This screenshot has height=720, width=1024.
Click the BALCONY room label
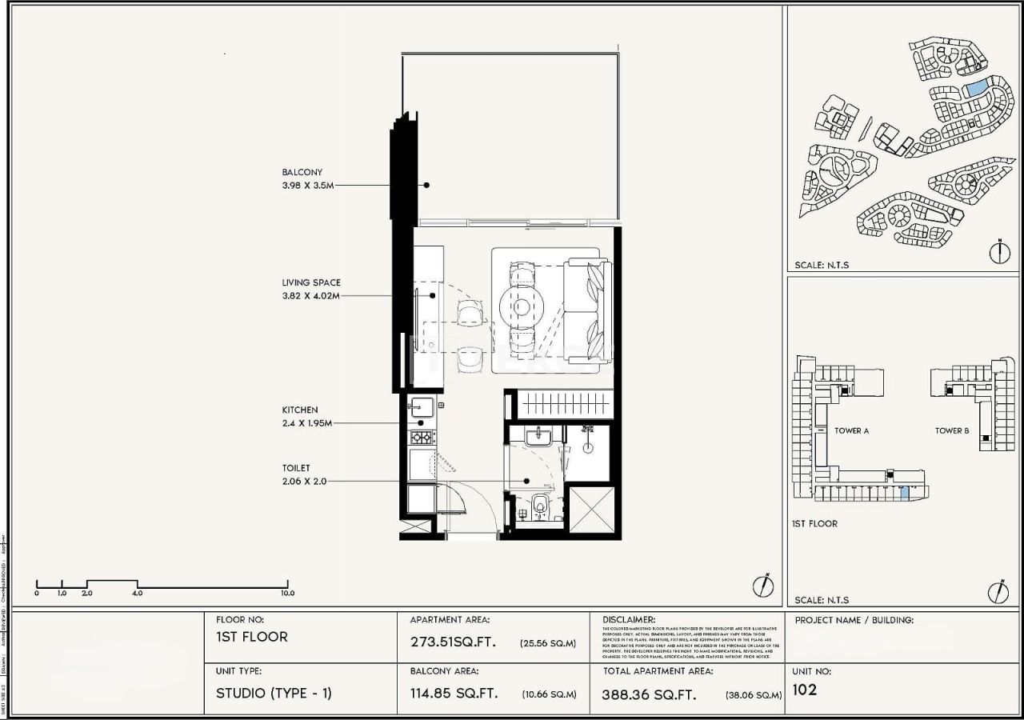[x=302, y=172]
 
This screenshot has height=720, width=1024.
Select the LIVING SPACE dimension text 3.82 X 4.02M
[x=310, y=295]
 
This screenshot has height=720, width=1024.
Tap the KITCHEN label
[x=299, y=410]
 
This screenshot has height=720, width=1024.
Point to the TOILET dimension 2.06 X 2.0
[x=304, y=482]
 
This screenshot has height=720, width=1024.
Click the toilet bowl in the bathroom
[x=539, y=505]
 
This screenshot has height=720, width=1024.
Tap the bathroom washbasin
[x=535, y=436]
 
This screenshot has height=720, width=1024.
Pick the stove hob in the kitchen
[x=421, y=438]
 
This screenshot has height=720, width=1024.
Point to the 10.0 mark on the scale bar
[x=287, y=594]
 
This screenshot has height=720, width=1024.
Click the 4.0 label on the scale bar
[x=137, y=594]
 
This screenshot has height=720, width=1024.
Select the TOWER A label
[x=851, y=430]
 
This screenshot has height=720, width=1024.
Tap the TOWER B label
[x=952, y=430]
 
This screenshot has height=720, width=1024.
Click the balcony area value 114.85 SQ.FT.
[x=454, y=694]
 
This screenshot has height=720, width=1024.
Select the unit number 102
[x=805, y=690]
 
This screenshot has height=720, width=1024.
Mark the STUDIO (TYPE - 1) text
[x=274, y=693]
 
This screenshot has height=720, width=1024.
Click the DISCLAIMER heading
[x=628, y=619]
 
